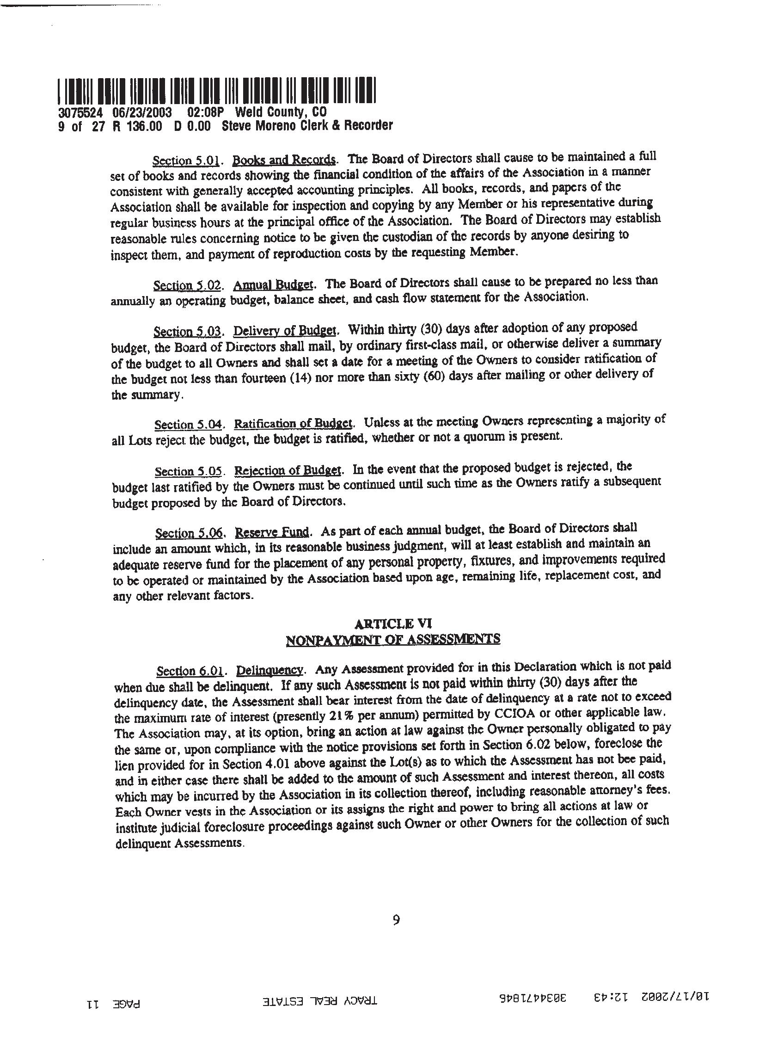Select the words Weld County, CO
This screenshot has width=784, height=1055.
(x=281, y=112)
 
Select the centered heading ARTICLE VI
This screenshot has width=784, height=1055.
(x=393, y=623)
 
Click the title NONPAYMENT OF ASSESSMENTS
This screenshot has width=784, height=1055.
(x=393, y=639)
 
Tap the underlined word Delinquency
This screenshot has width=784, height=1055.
(x=269, y=670)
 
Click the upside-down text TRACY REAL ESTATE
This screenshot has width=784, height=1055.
(x=321, y=1000)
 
